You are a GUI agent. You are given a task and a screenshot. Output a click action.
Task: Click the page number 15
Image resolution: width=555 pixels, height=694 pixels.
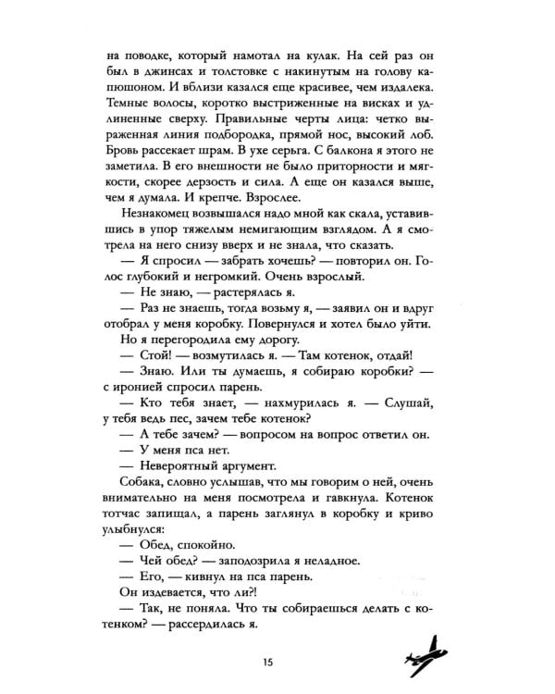click(x=267, y=660)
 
